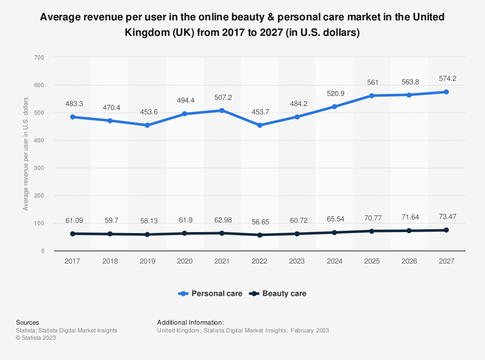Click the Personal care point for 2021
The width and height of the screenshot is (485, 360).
pyautogui.click(x=222, y=110)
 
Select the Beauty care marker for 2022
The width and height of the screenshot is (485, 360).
pyautogui.click(x=259, y=235)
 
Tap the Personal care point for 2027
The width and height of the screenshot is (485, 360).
pyautogui.click(x=446, y=92)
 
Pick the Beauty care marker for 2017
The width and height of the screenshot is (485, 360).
pyautogui.click(x=72, y=234)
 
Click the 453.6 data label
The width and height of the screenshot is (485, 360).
pyautogui.click(x=147, y=112)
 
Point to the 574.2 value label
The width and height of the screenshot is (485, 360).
pyautogui.click(x=446, y=78)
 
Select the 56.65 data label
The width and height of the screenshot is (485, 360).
pyautogui.click(x=259, y=222)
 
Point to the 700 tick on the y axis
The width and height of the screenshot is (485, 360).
pyautogui.click(x=39, y=58)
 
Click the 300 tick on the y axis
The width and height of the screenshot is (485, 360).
pyautogui.click(x=39, y=168)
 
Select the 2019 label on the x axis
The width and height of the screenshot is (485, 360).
pyautogui.click(x=147, y=261)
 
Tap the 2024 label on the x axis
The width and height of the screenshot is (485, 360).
pyautogui.click(x=334, y=261)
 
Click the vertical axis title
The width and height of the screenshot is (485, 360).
pyautogui.click(x=26, y=154)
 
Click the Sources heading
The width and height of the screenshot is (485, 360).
pyautogui.click(x=27, y=322)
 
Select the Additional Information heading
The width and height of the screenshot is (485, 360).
pyautogui.click(x=191, y=322)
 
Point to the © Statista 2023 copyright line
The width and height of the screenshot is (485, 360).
pyautogui.click(x=36, y=338)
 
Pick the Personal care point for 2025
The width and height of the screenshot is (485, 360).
pyautogui.click(x=372, y=95)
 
